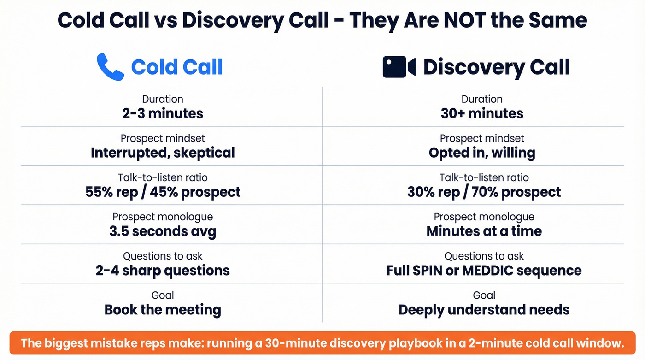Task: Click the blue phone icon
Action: pyautogui.click(x=110, y=67)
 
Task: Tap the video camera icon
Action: pyautogui.click(x=399, y=67)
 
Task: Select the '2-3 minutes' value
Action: pyautogui.click(x=163, y=113)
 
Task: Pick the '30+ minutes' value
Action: pyautogui.click(x=482, y=113)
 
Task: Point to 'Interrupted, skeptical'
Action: pyautogui.click(x=163, y=153)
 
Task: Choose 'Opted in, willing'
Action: pyautogui.click(x=482, y=153)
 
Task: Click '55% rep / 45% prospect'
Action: pyautogui.click(x=163, y=192)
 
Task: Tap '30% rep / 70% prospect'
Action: pyautogui.click(x=484, y=192)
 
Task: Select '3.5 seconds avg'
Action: pyautogui.click(x=163, y=231)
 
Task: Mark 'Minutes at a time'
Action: pyautogui.click(x=484, y=231)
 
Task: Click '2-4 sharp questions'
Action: pyautogui.click(x=163, y=270)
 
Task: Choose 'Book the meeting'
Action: pyautogui.click(x=163, y=309)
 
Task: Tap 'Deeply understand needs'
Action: pyautogui.click(x=484, y=309)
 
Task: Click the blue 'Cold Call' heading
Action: pyautogui.click(x=177, y=67)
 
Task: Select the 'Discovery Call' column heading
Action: pyautogui.click(x=496, y=67)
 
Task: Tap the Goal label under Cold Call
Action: pyautogui.click(x=163, y=295)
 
